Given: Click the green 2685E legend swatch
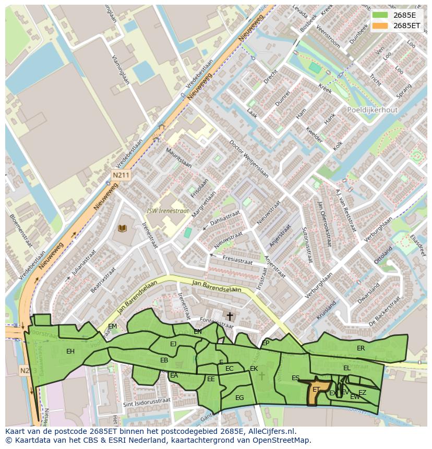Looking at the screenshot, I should pyautogui.click(x=380, y=15).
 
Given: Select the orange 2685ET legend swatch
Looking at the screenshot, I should pyautogui.click(x=380, y=25).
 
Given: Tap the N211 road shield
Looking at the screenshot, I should pyautogui.click(x=121, y=176).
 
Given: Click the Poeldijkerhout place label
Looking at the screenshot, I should pyautogui.click(x=372, y=110).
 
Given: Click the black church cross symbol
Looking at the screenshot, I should pyautogui.click(x=230, y=316).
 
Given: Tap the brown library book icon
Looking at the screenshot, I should pyautogui.click(x=123, y=228).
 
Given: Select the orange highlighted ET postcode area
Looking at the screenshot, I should pyautogui.click(x=319, y=390).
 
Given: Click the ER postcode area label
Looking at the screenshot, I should pyautogui.click(x=361, y=348).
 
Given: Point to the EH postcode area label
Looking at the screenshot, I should pyautogui.click(x=70, y=351).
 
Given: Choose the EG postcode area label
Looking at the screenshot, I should pyautogui.click(x=239, y=397).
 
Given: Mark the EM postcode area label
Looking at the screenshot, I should pyautogui.click(x=112, y=326).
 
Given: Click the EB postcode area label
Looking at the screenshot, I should pyautogui.click(x=164, y=360).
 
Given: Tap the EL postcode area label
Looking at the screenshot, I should pyautogui.click(x=347, y=368).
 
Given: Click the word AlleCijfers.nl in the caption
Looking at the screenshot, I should pyautogui.click(x=271, y=431).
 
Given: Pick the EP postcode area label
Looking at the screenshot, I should pyautogui.click(x=266, y=343).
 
